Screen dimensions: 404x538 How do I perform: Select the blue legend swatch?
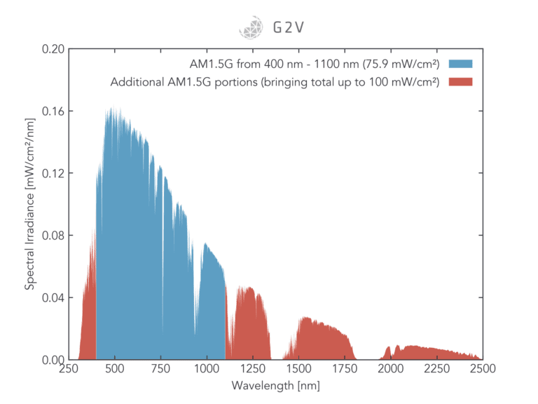tap(460, 64)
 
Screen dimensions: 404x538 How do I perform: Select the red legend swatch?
tap(460, 82)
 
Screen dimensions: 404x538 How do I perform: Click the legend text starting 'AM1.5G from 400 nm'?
tap(319, 64)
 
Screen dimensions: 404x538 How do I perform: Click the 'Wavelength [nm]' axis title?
tap(275, 385)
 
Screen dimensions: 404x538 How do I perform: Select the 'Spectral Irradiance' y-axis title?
tap(30, 204)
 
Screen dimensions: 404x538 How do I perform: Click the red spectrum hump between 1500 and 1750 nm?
tap(322, 340)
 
